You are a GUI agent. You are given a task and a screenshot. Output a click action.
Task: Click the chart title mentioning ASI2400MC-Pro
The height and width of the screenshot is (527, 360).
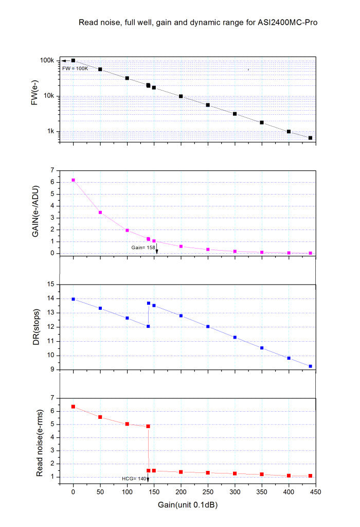click(201, 23)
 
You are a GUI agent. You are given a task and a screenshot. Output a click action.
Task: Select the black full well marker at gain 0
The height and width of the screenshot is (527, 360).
click(73, 61)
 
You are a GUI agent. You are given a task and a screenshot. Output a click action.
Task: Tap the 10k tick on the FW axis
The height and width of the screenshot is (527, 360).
click(48, 96)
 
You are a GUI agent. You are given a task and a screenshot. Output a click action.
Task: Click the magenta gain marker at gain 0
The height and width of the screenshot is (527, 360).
click(73, 180)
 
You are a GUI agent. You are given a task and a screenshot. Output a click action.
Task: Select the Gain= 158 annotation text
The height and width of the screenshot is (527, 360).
click(142, 248)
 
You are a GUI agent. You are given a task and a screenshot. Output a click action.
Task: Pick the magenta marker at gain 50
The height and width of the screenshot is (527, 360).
click(100, 213)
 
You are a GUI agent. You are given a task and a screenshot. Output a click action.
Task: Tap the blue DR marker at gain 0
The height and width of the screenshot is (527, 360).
click(73, 299)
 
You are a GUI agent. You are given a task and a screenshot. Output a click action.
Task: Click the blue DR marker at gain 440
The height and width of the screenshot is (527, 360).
click(310, 366)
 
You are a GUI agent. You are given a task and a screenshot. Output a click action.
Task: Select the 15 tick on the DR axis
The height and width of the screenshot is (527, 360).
click(50, 284)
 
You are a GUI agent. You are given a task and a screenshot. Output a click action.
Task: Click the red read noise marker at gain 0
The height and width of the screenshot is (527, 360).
click(73, 407)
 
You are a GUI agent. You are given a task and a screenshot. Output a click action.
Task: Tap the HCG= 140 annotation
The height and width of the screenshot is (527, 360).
click(134, 479)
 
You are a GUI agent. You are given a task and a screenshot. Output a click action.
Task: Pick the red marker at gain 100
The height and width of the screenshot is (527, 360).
click(127, 424)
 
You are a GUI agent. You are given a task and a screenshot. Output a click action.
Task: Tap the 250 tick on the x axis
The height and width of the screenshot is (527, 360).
click(208, 492)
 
